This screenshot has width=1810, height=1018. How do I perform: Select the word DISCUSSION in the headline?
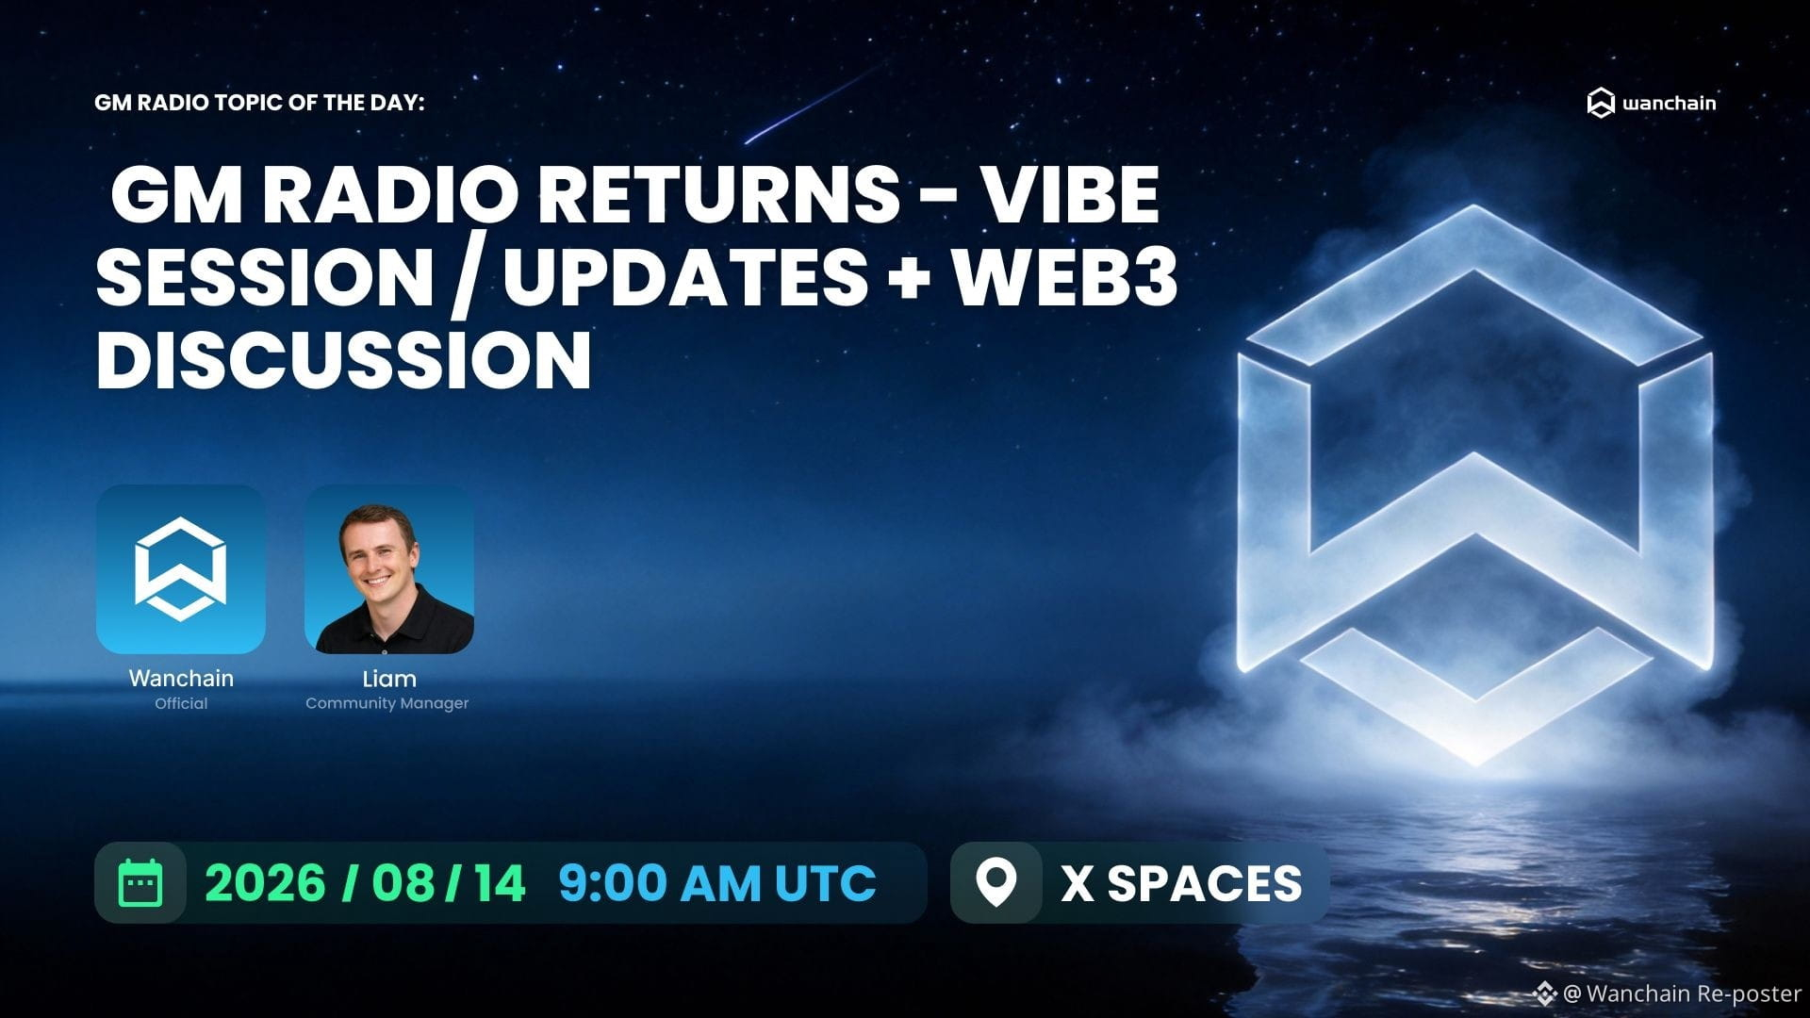pos(343,360)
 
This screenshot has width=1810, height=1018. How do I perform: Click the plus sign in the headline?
pos(909,279)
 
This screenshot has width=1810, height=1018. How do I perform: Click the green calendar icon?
pos(140,883)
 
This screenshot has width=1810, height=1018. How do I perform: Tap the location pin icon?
pos(995,882)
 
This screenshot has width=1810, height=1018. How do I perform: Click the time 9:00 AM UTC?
pos(717,883)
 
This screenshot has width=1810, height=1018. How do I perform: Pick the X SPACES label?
pos(1181,883)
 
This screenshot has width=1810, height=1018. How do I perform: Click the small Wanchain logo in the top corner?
pos(1652,103)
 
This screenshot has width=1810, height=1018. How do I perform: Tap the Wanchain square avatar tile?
pos(181,569)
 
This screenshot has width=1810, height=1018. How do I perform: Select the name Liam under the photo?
pos(389,679)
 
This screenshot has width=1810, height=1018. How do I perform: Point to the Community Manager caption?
pos(387,703)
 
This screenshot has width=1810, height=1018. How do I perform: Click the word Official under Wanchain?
pos(181,703)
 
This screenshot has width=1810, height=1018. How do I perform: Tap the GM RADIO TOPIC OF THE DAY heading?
pos(260,102)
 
